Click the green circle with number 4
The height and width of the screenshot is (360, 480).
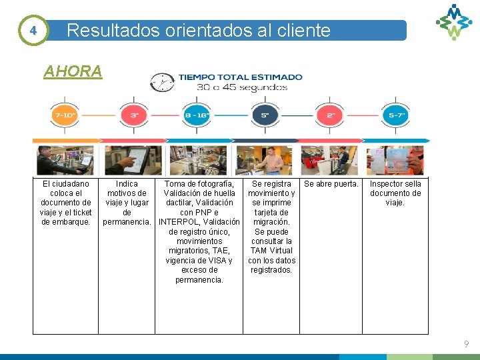pyautogui.click(x=33, y=31)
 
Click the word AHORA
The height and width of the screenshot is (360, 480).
pyautogui.click(x=73, y=71)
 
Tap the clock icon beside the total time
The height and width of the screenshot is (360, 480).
pyautogui.click(x=161, y=82)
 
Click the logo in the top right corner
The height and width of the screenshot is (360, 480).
pyautogui.click(x=453, y=21)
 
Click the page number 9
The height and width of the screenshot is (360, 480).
pyautogui.click(x=467, y=344)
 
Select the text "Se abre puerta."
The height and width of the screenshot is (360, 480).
pyautogui.click(x=331, y=184)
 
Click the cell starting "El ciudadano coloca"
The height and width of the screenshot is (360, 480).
pyautogui.click(x=66, y=203)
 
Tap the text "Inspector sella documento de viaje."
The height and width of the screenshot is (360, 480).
pyautogui.click(x=395, y=193)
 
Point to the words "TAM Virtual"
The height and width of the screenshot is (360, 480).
pyautogui.click(x=271, y=251)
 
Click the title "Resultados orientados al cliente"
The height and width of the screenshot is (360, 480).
pyautogui.click(x=199, y=31)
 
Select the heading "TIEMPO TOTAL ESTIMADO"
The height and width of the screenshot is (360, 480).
pyautogui.click(x=240, y=77)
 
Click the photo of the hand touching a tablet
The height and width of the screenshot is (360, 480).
pyautogui.click(x=131, y=160)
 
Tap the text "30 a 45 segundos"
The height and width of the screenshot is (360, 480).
pyautogui.click(x=241, y=87)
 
